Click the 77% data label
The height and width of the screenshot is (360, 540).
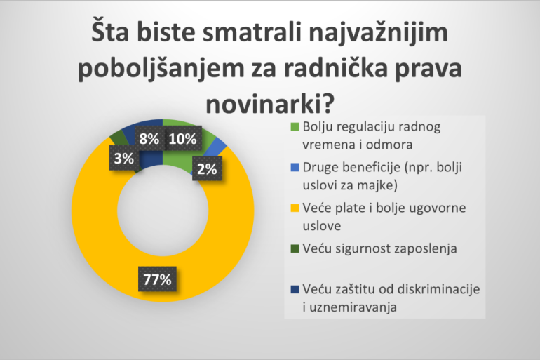click(x=157, y=279)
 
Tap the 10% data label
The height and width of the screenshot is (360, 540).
click(x=182, y=138)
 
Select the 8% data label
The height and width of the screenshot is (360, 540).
click(x=149, y=138)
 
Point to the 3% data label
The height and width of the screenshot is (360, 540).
click(x=124, y=158)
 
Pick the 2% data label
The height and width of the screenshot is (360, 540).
click(x=207, y=168)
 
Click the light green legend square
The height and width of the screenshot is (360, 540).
click(x=295, y=127)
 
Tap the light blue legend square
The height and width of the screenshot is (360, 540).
click(x=295, y=168)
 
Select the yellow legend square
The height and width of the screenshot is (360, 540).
click(x=295, y=208)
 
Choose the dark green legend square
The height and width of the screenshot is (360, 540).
click(x=295, y=248)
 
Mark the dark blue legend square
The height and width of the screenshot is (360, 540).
click(x=295, y=289)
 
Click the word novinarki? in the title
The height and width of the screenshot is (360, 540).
click(x=270, y=104)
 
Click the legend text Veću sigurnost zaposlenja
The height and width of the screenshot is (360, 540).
click(x=380, y=248)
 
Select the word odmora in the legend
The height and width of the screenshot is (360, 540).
click(x=389, y=145)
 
